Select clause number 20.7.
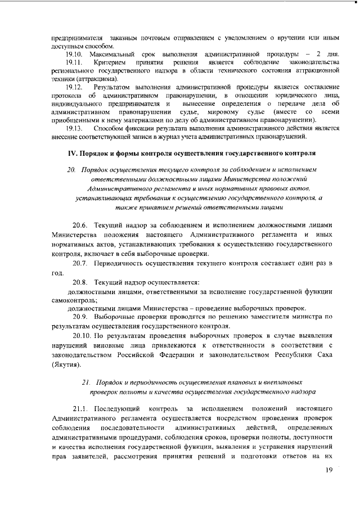coord(80,263)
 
